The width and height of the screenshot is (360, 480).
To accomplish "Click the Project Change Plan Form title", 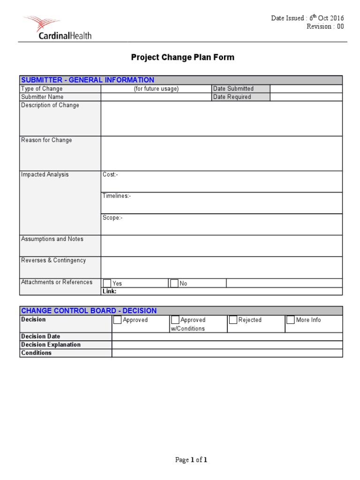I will (x=182, y=58).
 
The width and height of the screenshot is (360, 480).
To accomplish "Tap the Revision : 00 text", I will (x=325, y=27).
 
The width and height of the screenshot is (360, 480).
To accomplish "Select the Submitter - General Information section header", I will (x=88, y=80).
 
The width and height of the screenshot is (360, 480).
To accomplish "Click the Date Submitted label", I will (x=233, y=89).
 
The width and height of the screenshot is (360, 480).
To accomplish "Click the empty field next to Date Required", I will (x=306, y=97).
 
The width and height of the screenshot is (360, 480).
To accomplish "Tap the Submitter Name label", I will (x=42, y=97).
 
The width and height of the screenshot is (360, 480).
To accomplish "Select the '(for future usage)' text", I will (x=156, y=89).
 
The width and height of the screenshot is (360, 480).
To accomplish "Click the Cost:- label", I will (x=111, y=175).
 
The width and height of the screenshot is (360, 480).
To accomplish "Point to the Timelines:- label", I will (x=117, y=196).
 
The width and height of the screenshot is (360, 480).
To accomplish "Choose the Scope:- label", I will (x=112, y=218).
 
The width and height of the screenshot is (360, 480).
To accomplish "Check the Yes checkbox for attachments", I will (x=107, y=283).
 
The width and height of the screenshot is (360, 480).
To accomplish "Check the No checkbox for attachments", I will (x=174, y=283).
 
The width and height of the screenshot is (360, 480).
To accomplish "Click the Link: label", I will (x=110, y=291).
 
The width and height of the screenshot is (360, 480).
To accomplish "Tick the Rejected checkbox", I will (x=233, y=320).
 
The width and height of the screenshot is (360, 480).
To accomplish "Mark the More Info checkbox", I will (x=291, y=320).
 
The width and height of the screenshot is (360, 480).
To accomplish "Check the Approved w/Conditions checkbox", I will (x=175, y=320).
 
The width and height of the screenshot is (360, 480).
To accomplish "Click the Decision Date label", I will (x=41, y=337).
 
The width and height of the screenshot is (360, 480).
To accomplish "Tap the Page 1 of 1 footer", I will (x=191, y=460).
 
